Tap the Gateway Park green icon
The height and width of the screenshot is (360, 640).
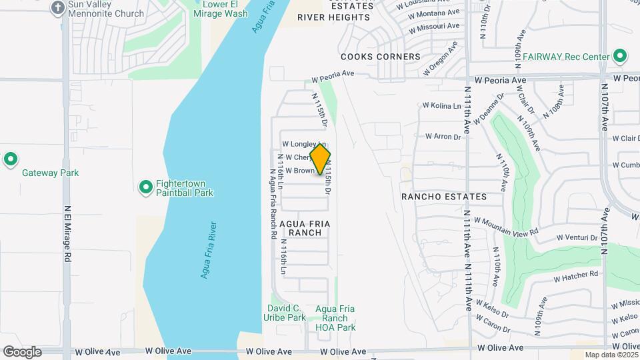[10, 160]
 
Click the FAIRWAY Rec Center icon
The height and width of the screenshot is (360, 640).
[620, 57]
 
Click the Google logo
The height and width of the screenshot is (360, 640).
[21, 352]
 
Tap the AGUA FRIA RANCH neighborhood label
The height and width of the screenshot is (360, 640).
[305, 227]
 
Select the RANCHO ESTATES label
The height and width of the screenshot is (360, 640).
[444, 197]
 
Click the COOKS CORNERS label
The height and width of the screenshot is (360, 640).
[381, 57]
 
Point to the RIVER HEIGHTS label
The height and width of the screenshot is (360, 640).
[333, 17]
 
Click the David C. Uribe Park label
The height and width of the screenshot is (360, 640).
[286, 313]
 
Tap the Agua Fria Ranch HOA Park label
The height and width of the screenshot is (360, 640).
[335, 318]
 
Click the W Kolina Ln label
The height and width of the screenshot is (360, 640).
[442, 105]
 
